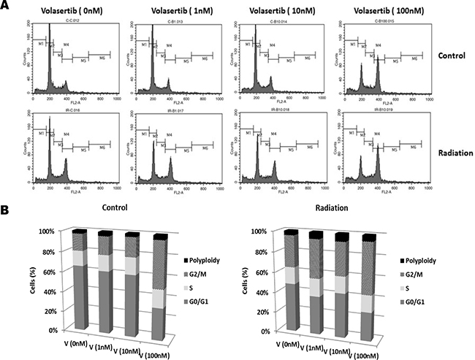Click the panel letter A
tap(7, 7)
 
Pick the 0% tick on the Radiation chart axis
tap(267, 331)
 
